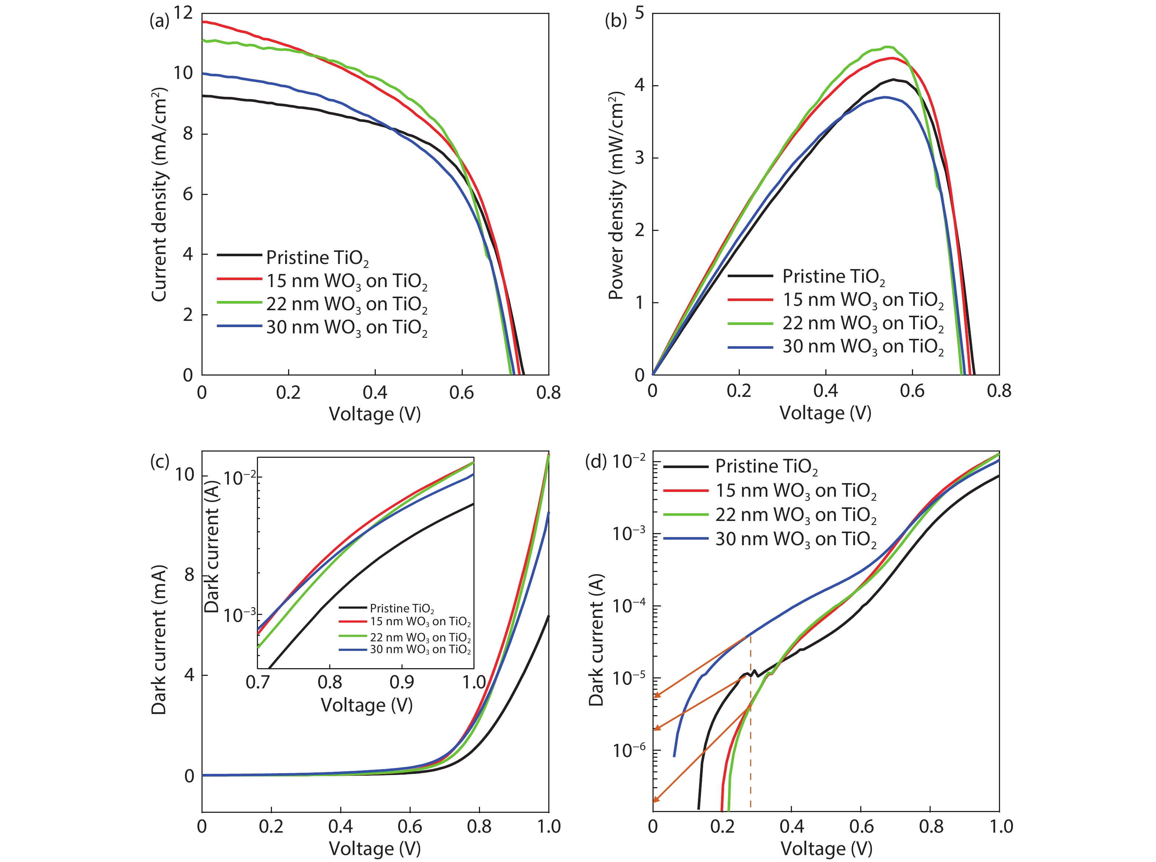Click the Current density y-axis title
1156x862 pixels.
159,194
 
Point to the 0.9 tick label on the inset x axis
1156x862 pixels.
402,682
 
